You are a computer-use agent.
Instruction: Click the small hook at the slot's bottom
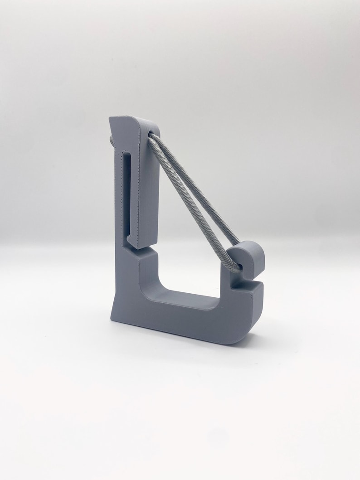pos(129,239)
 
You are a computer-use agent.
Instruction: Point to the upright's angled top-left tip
pos(111,119)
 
